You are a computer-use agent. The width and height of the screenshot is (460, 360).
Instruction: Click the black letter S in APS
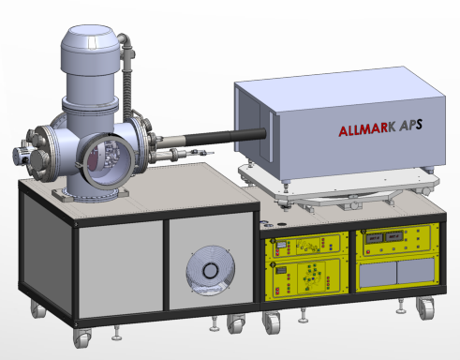419,125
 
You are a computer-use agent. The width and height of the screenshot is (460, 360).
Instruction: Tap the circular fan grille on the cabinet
210,271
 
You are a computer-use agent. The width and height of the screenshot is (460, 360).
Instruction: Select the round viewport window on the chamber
109,159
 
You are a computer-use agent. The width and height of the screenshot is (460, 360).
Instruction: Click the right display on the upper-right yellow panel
393,236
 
